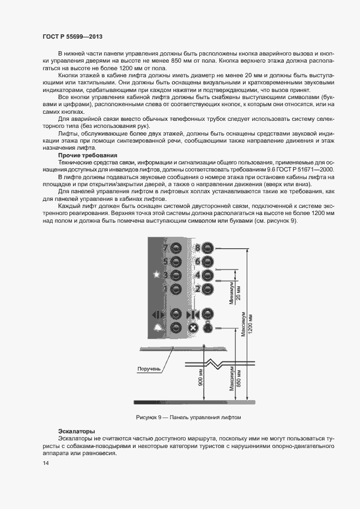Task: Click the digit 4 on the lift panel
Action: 198,275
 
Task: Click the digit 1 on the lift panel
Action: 166,289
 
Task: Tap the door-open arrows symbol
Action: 157,314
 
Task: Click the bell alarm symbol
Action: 157,328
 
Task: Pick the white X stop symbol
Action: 192,328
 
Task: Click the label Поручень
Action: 149,369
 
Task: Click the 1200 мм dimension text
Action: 250,324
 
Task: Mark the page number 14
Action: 45,463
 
